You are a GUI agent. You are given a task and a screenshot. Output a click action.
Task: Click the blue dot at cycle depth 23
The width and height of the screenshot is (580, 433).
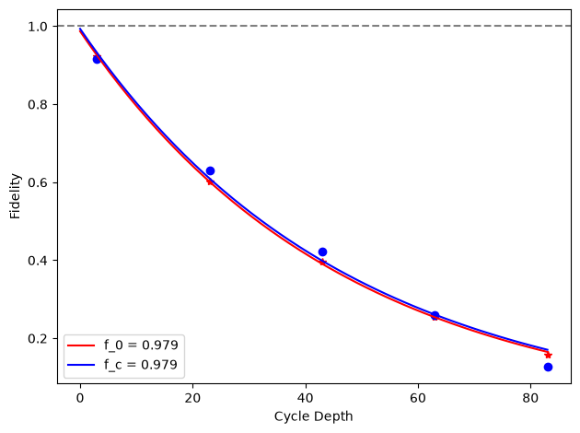point(210,171)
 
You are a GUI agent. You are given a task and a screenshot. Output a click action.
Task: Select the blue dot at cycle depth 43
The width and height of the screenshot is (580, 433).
point(322,252)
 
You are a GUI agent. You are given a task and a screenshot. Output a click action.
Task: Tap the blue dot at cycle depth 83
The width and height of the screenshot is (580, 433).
point(548,367)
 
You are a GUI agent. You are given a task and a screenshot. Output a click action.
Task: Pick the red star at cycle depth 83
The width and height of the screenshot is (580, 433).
point(548,356)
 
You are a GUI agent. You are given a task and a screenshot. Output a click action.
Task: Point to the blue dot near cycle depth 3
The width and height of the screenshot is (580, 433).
point(97,59)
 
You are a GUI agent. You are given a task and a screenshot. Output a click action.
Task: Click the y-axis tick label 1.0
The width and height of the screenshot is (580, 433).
point(38,27)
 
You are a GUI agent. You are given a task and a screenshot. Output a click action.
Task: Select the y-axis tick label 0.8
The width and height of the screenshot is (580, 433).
point(38,105)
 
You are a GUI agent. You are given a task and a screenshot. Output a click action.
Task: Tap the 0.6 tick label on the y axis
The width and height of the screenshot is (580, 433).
point(38,182)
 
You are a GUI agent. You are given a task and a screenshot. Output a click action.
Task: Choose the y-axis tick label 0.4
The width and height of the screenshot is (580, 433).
point(38,261)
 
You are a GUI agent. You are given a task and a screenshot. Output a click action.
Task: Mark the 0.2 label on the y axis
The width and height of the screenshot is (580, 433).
point(38,339)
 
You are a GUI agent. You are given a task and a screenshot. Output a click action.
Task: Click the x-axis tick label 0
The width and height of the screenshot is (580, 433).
point(80,398)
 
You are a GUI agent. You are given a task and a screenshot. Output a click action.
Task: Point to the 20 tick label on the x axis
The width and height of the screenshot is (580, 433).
point(192,398)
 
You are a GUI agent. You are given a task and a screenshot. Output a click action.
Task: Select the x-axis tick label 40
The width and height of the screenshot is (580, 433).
point(306,398)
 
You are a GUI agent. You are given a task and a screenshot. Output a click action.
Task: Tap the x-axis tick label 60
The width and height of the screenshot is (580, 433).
point(418,398)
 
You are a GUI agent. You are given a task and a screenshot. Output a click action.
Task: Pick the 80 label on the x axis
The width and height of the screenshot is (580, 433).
point(531,398)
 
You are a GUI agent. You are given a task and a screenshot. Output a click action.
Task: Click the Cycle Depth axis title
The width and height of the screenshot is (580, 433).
point(313,416)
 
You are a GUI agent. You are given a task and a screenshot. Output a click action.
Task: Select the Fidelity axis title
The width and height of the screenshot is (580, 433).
point(15,196)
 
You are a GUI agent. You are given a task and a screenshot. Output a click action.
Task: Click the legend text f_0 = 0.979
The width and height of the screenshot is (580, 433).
point(141,345)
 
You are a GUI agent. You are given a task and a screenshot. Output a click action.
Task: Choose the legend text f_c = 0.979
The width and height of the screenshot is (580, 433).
point(141,365)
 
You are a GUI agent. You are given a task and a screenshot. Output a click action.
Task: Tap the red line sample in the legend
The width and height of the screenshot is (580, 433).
point(81,345)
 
